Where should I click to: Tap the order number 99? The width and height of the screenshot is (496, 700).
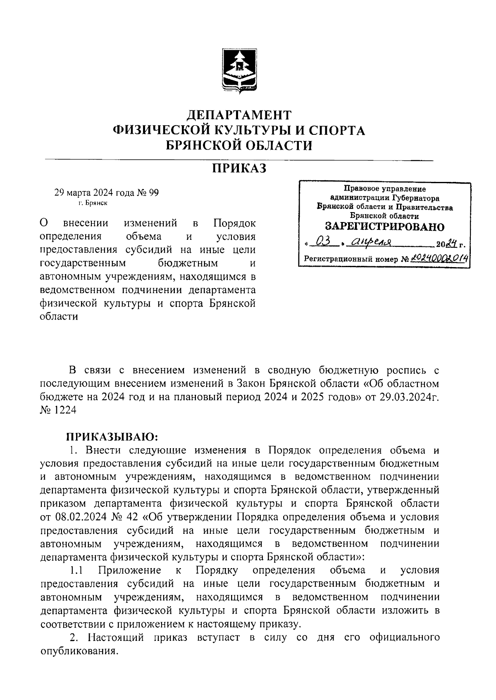coord(153,193)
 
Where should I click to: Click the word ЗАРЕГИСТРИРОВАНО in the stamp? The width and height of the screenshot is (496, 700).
coord(384,227)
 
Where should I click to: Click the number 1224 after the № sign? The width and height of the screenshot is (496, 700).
coord(65,409)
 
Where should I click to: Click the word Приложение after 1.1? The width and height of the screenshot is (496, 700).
coord(129,571)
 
